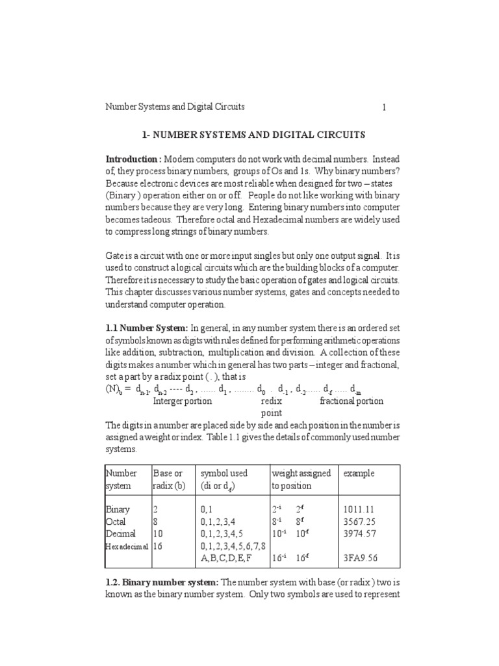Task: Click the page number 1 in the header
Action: click(x=384, y=107)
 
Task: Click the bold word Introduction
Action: click(x=133, y=159)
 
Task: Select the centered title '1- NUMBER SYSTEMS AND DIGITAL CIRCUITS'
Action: click(x=253, y=135)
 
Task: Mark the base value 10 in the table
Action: click(x=159, y=533)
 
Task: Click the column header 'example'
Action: click(x=359, y=473)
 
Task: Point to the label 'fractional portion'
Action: click(x=352, y=401)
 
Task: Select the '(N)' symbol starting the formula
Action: click(x=112, y=390)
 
